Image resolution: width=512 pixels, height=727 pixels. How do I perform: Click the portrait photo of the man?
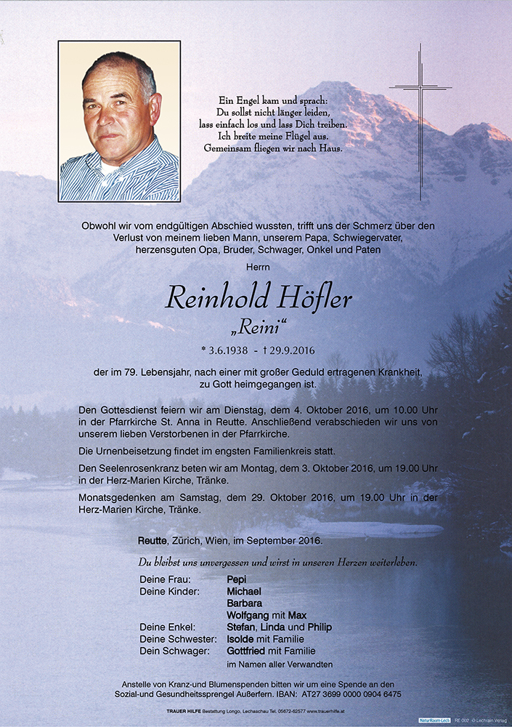pyautogui.click(x=119, y=121)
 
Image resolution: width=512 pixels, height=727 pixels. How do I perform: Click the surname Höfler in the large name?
pyautogui.click(x=312, y=298)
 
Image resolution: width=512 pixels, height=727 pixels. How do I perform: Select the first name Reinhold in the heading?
pyautogui.click(x=216, y=298)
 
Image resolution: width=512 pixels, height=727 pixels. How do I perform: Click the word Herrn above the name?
pyautogui.click(x=256, y=268)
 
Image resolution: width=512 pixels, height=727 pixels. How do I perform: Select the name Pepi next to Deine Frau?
pyautogui.click(x=236, y=579)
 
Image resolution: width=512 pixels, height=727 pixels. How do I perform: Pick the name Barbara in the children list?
pyautogui.click(x=244, y=603)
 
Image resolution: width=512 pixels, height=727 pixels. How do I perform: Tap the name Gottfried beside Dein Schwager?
pyautogui.click(x=246, y=651)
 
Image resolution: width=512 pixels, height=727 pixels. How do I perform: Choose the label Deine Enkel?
pyautogui.click(x=166, y=627)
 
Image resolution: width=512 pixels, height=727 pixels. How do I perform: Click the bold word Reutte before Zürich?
pyautogui.click(x=155, y=541)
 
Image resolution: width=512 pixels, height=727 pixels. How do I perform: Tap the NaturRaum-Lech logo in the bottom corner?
pyautogui.click(x=434, y=720)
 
